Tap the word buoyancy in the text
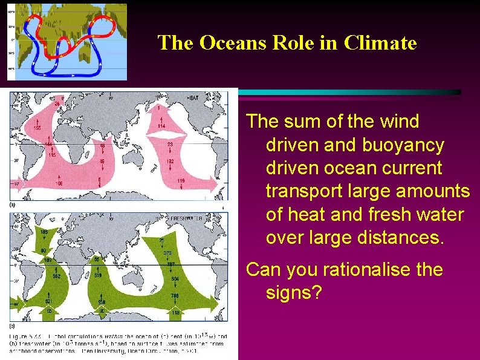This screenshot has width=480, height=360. [403, 145]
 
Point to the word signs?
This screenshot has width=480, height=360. [294, 293]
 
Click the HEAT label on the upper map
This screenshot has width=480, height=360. [210, 97]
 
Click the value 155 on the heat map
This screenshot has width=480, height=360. [36, 128]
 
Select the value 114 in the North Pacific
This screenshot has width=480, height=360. [161, 125]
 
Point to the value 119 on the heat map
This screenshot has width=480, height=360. [181, 180]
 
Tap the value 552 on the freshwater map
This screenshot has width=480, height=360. [56, 276]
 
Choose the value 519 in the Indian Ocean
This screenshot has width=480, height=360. [98, 275]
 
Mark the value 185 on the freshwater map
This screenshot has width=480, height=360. [44, 232]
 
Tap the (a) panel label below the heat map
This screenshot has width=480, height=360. [13, 205]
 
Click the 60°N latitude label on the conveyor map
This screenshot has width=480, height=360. [11, 12]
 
